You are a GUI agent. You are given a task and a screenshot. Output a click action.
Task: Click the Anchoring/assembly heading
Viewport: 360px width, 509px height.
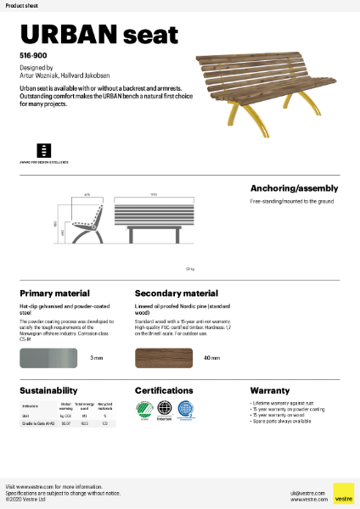click(x=294, y=188)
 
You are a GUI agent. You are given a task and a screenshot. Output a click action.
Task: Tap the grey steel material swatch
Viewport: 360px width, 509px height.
click(x=50, y=358)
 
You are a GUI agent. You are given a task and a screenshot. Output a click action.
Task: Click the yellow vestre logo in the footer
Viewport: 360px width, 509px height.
click(x=343, y=493)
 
